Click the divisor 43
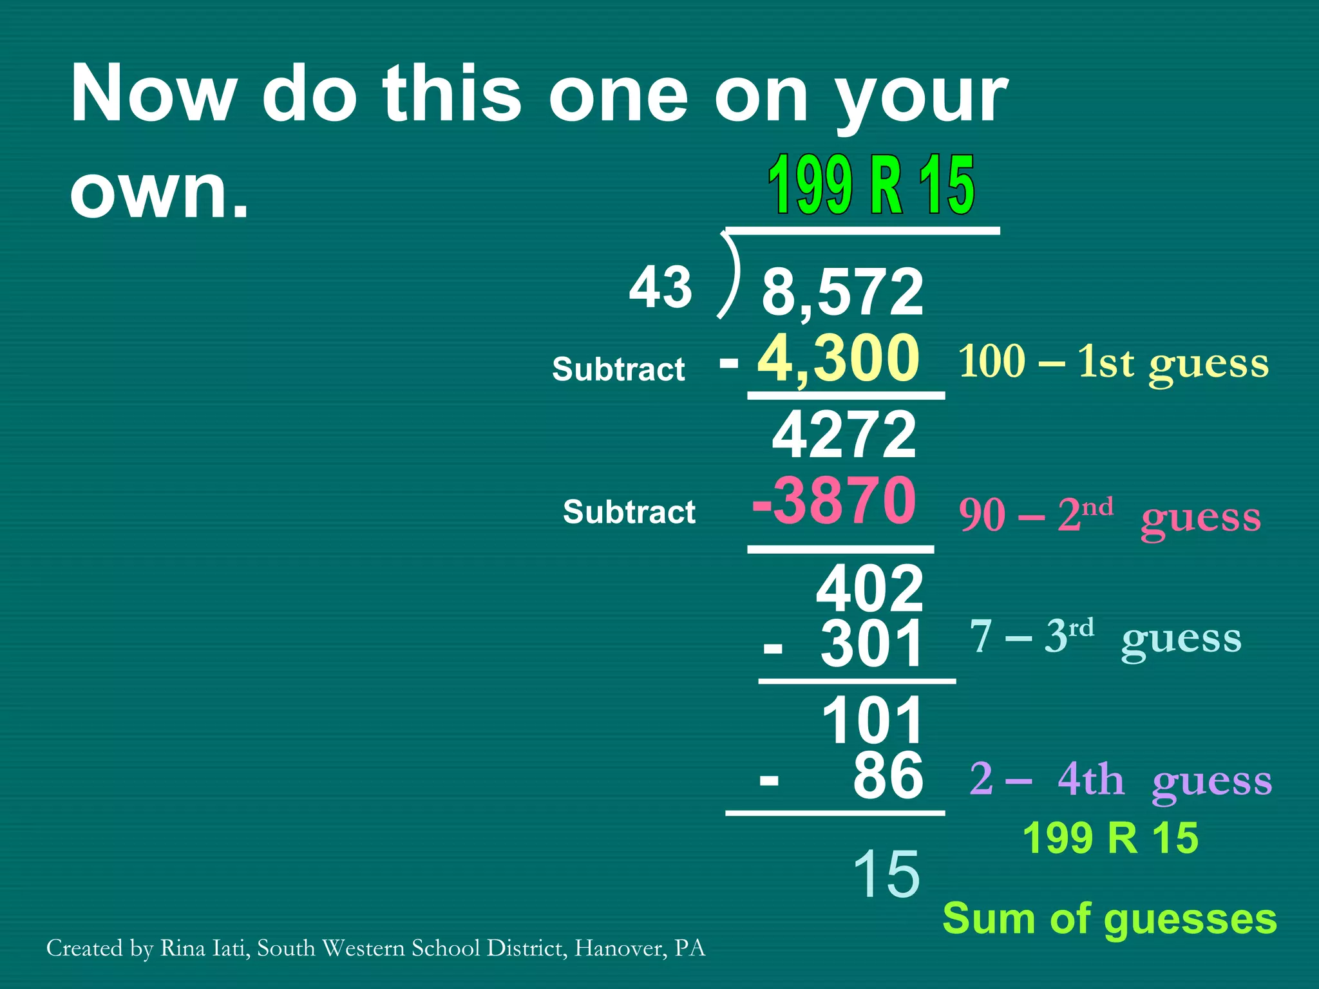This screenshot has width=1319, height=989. pos(660,287)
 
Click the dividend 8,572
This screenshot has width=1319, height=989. pos(842,292)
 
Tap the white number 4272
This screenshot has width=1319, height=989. pos(844,435)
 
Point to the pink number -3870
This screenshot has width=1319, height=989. pos(834,501)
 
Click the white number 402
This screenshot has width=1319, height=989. pos(869,589)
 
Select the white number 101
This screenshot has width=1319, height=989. pos(873,721)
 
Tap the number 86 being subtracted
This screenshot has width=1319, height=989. pos(888,776)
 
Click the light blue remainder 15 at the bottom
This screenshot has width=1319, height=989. pos(886,874)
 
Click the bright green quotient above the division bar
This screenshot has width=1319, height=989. pos(871,185)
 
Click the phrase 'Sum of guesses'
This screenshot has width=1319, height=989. pos(1110,918)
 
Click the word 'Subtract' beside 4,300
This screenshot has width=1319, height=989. pos(618,370)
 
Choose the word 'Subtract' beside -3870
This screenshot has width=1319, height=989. pos(629,513)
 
